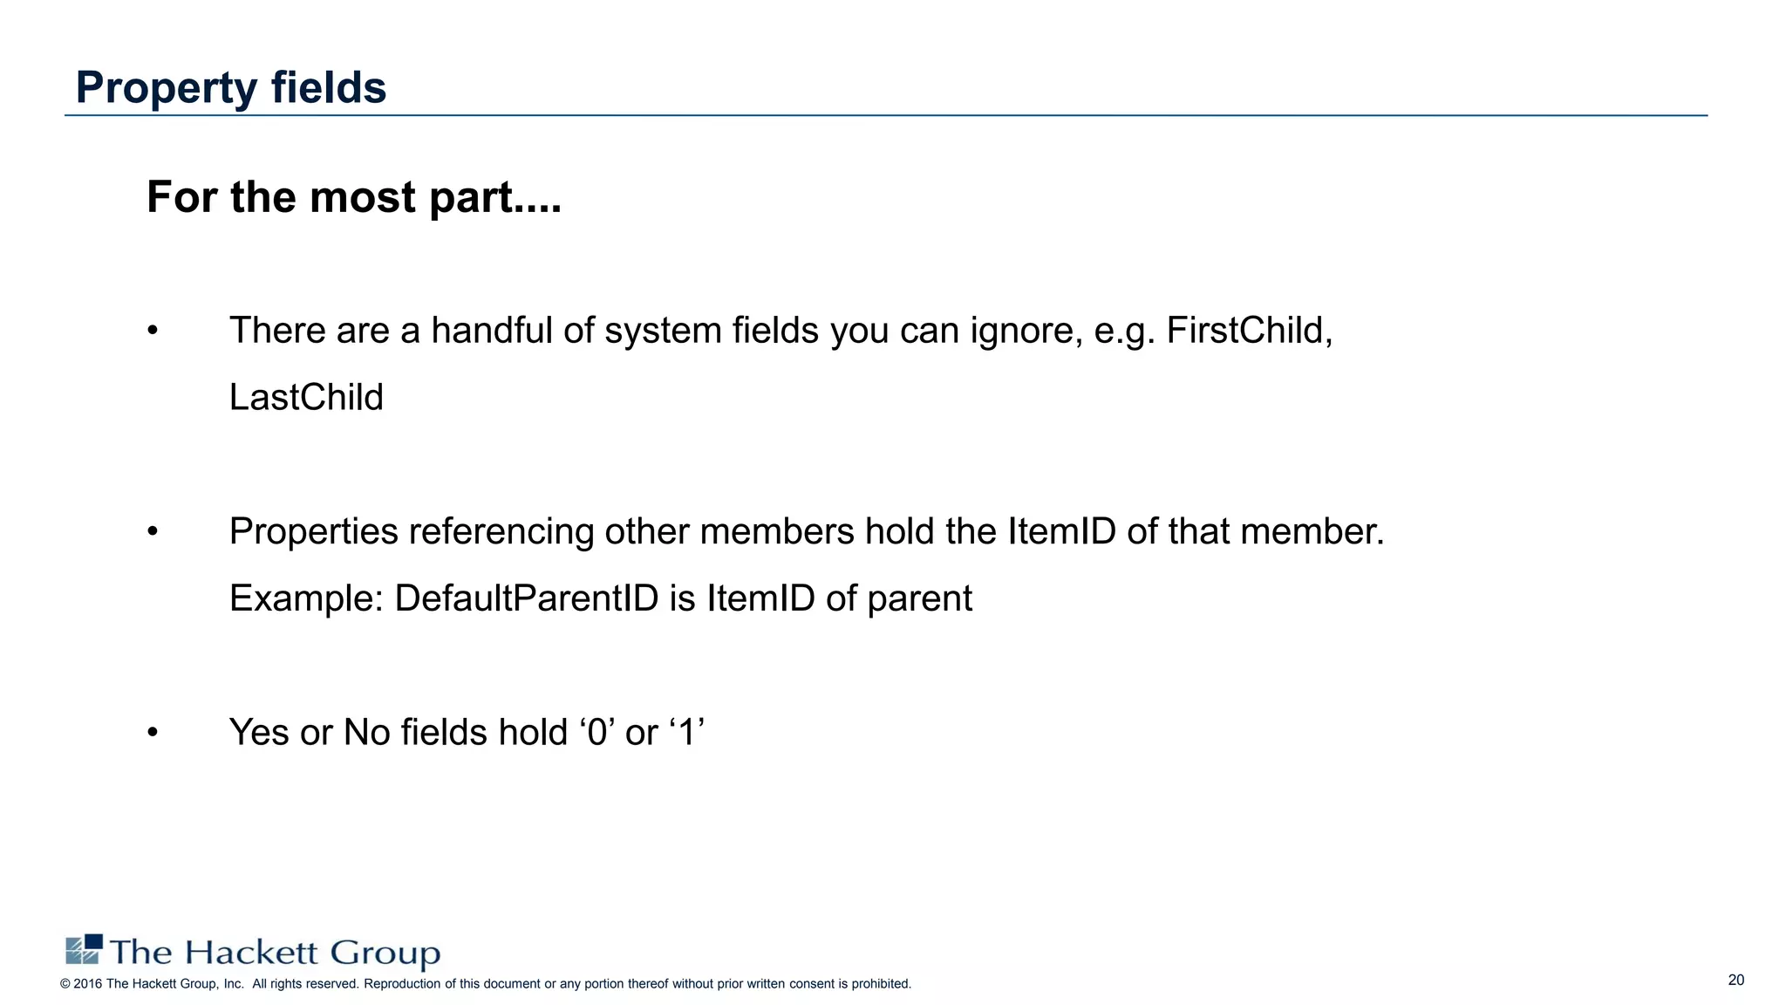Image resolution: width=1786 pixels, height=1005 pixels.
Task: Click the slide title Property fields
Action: point(231,87)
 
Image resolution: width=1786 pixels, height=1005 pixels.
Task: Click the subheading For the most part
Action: point(353,197)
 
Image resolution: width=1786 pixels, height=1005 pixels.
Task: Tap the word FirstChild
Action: point(1249,331)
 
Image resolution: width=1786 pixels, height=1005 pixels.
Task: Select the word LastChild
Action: point(306,398)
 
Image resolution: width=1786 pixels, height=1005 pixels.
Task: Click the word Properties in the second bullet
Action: point(314,532)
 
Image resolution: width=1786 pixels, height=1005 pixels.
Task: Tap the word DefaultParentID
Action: point(527,598)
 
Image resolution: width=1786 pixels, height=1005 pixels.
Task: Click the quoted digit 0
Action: point(597,732)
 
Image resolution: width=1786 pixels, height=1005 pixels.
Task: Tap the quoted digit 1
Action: point(687,732)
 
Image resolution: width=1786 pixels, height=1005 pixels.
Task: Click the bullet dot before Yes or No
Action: point(153,732)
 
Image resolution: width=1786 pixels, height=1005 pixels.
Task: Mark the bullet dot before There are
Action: point(153,331)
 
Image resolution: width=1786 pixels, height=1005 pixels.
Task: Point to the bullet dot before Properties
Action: point(153,531)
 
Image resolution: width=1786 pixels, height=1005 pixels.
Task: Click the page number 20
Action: point(1735,980)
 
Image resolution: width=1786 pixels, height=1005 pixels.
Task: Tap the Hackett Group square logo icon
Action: point(85,949)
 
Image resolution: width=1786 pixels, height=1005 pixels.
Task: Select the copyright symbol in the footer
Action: point(65,984)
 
